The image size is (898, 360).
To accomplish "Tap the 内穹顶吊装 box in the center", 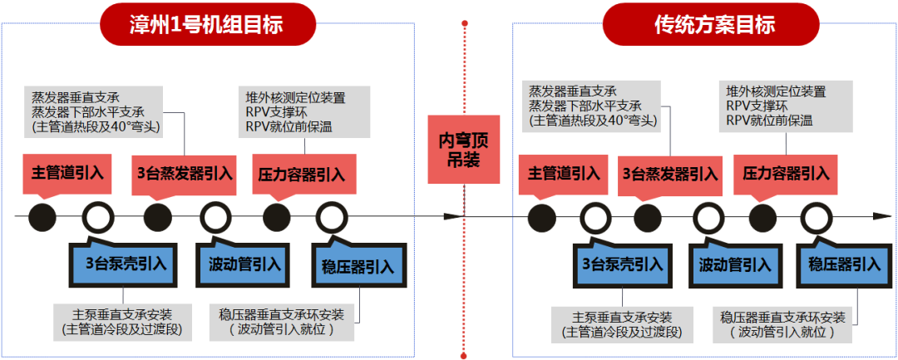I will (459, 149).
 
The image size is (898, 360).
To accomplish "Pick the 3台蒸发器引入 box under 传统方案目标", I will (670, 174).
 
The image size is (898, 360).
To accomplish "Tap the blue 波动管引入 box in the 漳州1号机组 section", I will (240, 265).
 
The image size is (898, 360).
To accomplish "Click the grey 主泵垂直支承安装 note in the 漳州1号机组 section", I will (122, 322).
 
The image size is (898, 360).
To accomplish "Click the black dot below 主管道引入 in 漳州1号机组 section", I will (42, 217).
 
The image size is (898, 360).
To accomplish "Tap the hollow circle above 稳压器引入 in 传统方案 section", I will (815, 218).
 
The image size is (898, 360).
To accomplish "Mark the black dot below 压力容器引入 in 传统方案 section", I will (762, 217).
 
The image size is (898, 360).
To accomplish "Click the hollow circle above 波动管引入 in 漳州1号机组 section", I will (215, 217).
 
